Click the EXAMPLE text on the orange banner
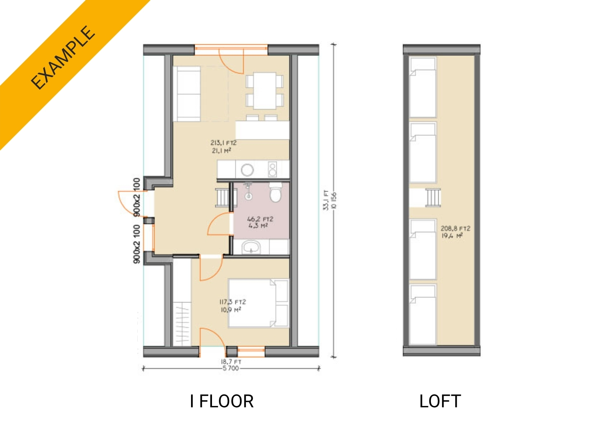coord(63,58)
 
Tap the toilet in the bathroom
coord(276,192)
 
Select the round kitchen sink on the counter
coord(247,170)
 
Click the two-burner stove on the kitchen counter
coord(272,169)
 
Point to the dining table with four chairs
coord(264,91)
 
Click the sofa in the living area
coord(188,94)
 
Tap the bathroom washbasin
coord(251,247)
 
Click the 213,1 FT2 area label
coord(223,143)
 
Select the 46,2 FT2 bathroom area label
coord(260,219)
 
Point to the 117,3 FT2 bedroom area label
coord(232,302)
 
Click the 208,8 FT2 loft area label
coord(456,228)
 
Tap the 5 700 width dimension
coord(230,368)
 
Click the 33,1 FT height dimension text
coord(326,200)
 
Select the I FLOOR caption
coord(222,401)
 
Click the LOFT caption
coord(440,401)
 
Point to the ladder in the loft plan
coord(433,197)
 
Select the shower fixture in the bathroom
coord(248,191)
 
